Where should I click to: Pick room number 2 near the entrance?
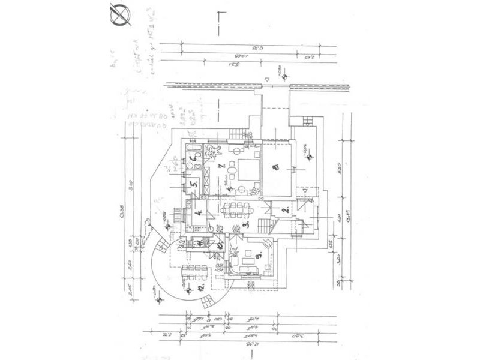(286, 210)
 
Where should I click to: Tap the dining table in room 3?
(238, 209)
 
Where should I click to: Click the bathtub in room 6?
(194, 147)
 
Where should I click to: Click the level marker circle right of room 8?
(309, 158)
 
